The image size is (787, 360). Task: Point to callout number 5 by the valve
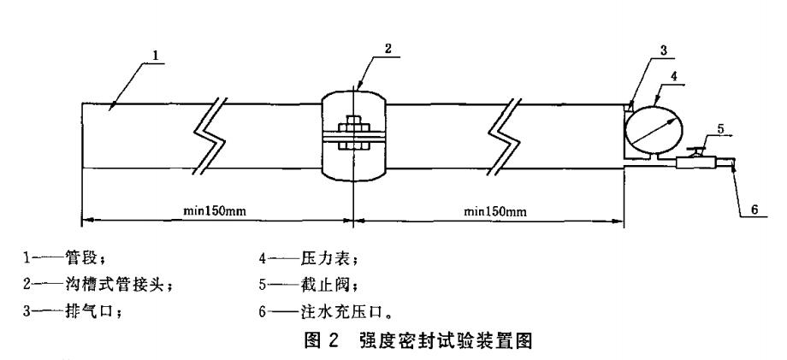[720, 130]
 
